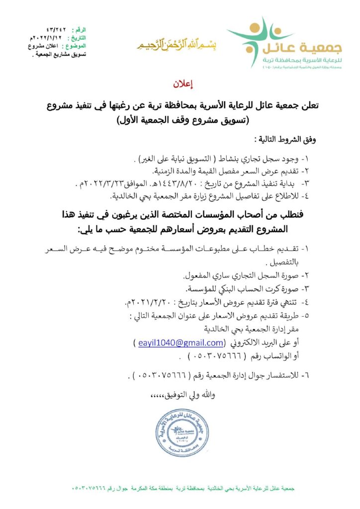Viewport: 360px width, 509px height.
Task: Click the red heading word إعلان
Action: (180, 84)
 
